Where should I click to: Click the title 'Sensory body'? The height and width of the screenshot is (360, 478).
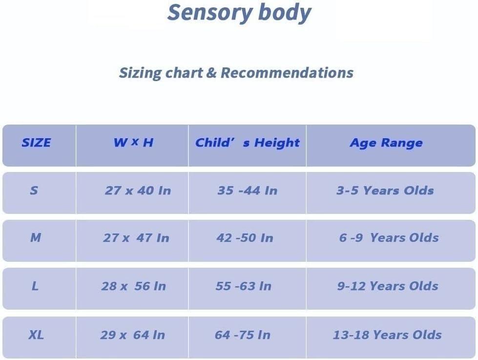click(239, 13)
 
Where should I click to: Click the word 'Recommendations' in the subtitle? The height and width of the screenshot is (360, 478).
click(287, 73)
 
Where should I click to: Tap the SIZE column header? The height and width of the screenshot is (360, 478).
click(36, 143)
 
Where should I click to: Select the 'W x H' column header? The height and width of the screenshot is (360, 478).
click(133, 143)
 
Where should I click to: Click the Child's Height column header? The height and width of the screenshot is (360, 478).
click(247, 143)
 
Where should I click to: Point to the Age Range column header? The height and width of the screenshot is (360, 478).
click(386, 143)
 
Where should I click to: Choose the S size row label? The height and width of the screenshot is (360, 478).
click(34, 191)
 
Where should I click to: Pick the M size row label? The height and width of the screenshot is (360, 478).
click(36, 238)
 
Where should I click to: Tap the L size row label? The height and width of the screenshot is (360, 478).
click(35, 286)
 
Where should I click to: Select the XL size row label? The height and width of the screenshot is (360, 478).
click(36, 335)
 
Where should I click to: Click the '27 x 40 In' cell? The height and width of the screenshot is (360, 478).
click(138, 191)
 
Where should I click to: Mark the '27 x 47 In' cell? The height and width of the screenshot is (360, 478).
click(136, 238)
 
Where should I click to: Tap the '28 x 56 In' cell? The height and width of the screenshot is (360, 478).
click(133, 286)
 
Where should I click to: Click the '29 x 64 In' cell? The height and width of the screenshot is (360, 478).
click(132, 335)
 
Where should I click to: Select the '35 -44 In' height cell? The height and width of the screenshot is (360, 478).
click(247, 191)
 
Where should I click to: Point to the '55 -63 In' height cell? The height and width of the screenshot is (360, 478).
click(243, 286)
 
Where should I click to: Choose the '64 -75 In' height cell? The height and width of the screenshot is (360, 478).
click(242, 335)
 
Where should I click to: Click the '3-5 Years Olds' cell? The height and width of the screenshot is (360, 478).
click(385, 191)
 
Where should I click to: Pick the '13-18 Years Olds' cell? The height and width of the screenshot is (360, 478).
click(387, 335)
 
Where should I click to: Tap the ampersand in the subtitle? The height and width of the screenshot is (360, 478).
click(211, 73)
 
